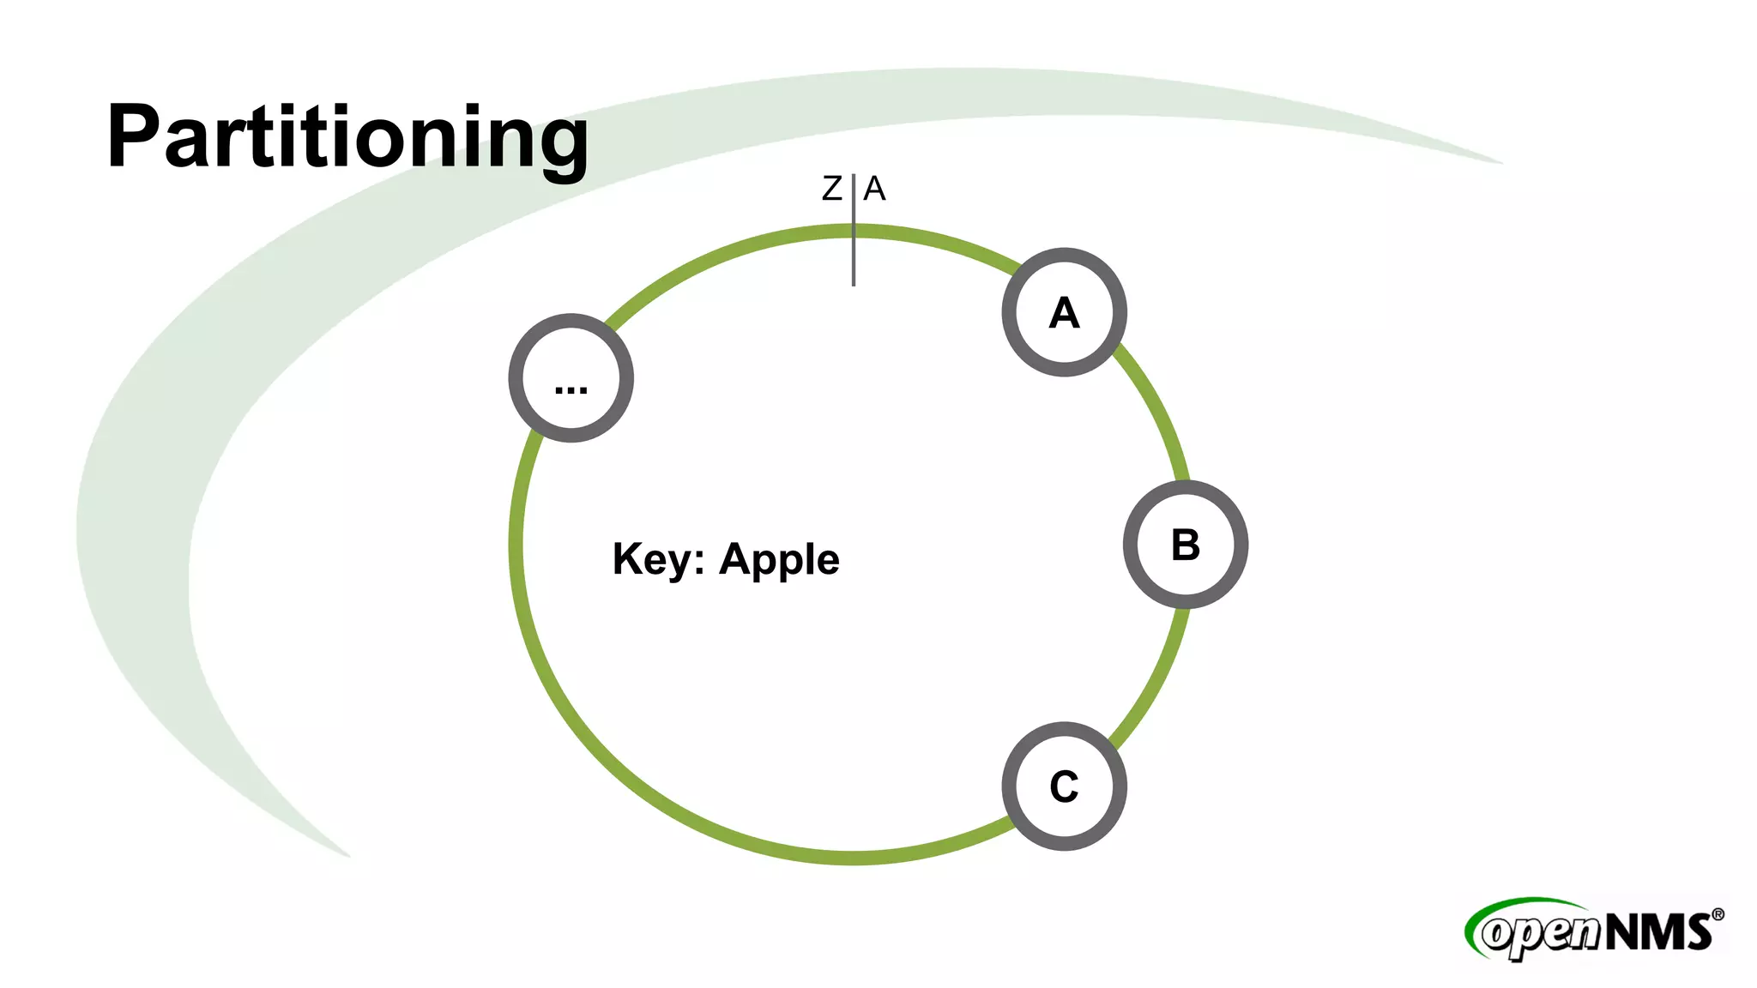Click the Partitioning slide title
coord(347,137)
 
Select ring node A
coord(1064,312)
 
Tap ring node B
coord(1185,545)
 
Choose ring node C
coord(1064,786)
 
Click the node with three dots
coord(571,378)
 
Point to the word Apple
coord(779,561)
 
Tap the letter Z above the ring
coord(831,189)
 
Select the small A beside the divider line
coord(874,189)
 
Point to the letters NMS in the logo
coord(1657,932)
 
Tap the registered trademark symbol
coord(1718,915)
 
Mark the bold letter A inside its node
coord(1064,313)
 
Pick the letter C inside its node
coord(1064,786)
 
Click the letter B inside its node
coord(1185,545)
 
